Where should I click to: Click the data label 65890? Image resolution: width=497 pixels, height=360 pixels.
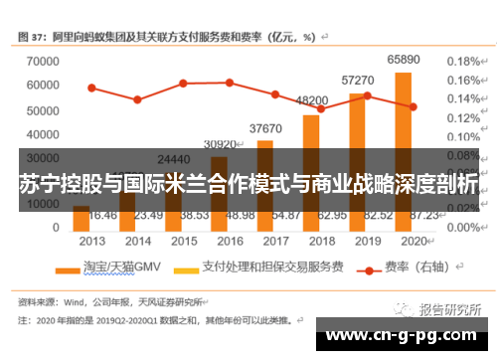coord(403,61)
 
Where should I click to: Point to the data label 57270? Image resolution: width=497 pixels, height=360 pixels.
coord(357,80)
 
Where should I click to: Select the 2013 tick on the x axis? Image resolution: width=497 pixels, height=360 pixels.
coord(91,241)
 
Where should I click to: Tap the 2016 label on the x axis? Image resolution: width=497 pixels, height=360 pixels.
coord(229,241)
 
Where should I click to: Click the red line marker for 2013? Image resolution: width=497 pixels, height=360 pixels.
coord(91,88)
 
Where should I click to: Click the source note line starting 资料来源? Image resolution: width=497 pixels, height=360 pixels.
coord(109,301)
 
